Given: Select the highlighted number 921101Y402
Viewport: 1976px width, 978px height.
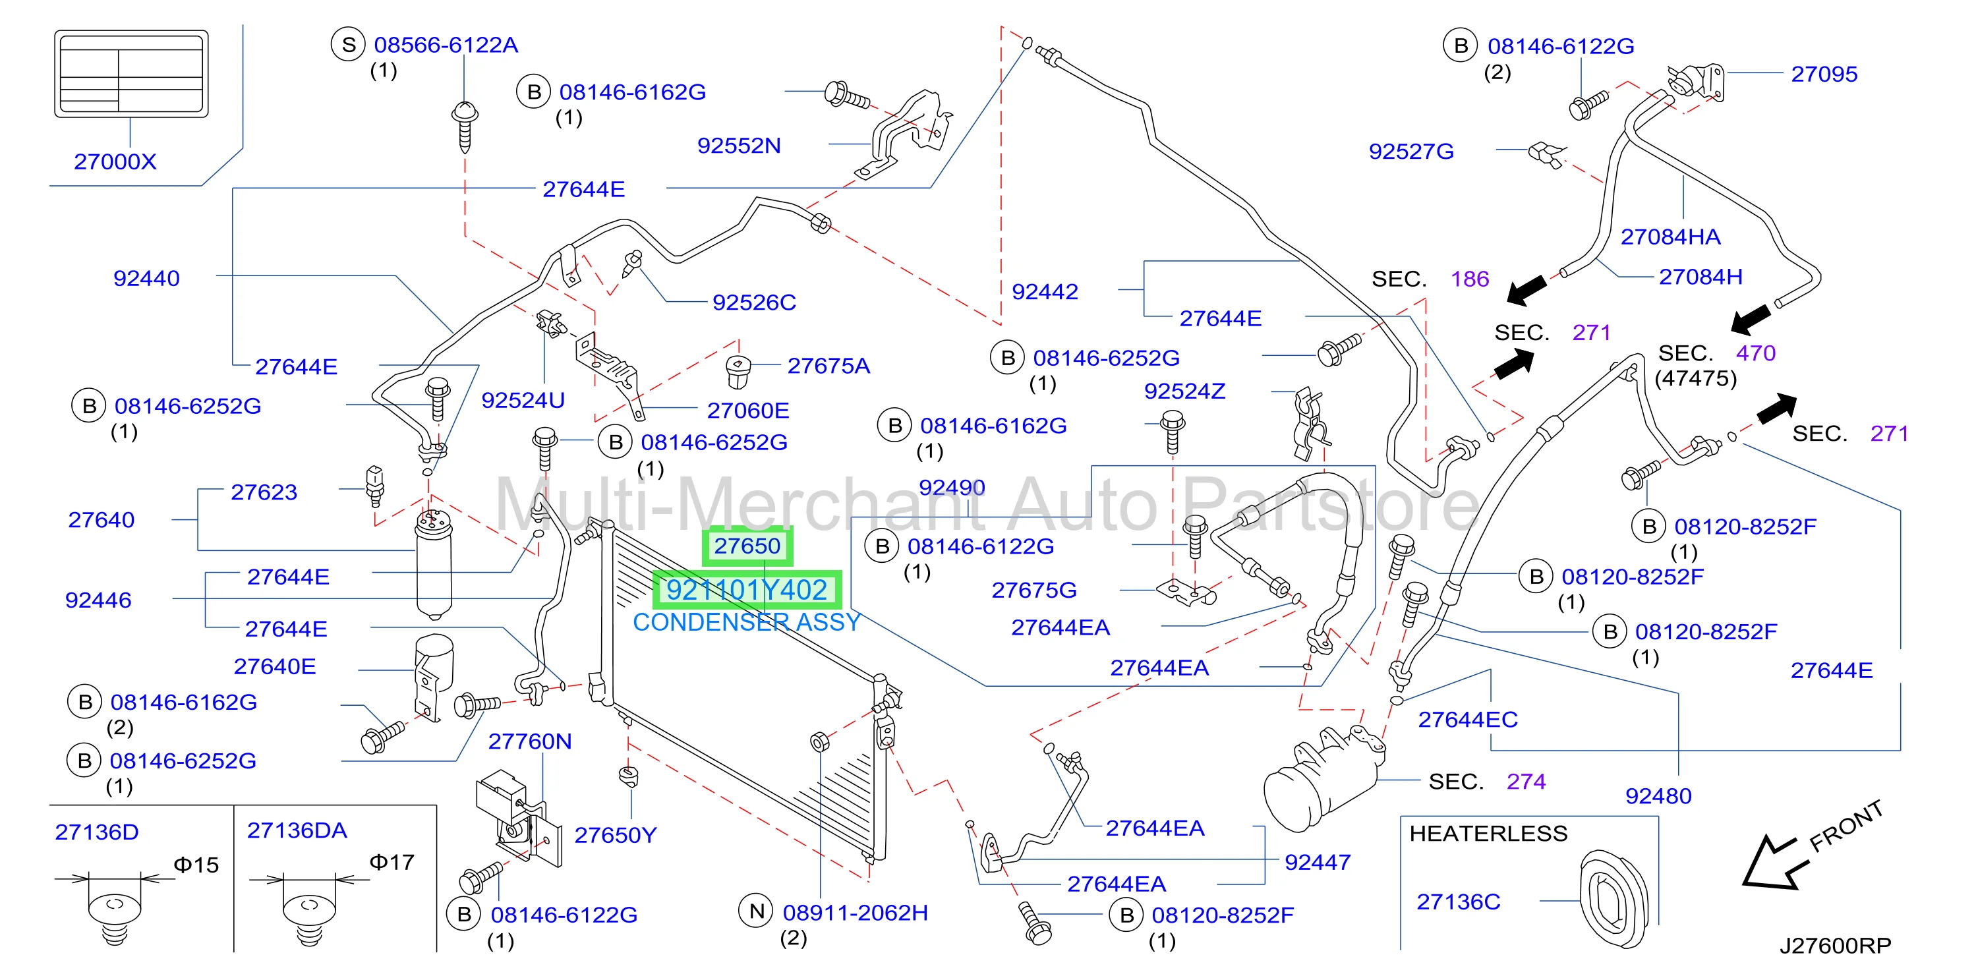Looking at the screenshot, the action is coord(746,590).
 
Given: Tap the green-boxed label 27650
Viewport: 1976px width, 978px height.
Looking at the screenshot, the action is coord(747,546).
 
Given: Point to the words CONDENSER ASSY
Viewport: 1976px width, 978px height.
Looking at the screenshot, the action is coord(746,622).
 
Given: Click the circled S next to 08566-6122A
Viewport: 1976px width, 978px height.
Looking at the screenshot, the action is coord(348,45).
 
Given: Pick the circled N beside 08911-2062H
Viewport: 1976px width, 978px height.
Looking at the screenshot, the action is coord(757,911).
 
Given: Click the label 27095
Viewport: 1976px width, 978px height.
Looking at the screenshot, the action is coord(1824,74).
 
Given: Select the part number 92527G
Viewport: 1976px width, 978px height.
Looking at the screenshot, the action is coord(1411,151).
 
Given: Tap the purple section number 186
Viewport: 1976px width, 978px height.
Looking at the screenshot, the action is coord(1470,279).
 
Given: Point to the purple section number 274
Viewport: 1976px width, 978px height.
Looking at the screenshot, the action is coord(1526,782).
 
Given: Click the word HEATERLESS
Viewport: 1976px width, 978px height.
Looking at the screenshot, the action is coord(1488,834).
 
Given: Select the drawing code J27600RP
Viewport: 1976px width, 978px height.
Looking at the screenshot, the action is coord(1836,946).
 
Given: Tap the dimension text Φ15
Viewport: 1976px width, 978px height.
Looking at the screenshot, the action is coord(196,865).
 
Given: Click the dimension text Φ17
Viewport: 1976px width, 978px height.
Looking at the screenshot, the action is coord(392,862).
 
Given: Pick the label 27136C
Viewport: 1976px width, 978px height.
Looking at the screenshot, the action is coord(1458,902).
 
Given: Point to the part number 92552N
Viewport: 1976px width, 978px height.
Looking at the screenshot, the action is coord(739,146).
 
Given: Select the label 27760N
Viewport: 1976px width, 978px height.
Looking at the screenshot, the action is coord(530,742).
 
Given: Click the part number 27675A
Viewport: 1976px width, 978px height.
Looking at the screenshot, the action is coord(828,366).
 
